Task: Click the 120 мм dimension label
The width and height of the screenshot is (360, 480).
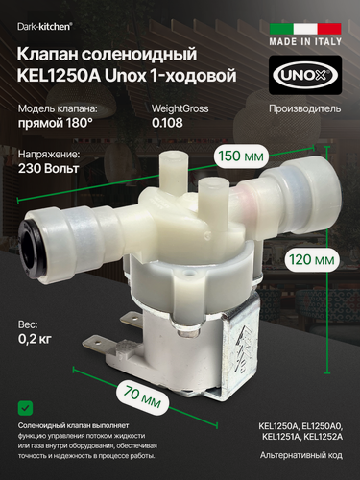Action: coord(312,259)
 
